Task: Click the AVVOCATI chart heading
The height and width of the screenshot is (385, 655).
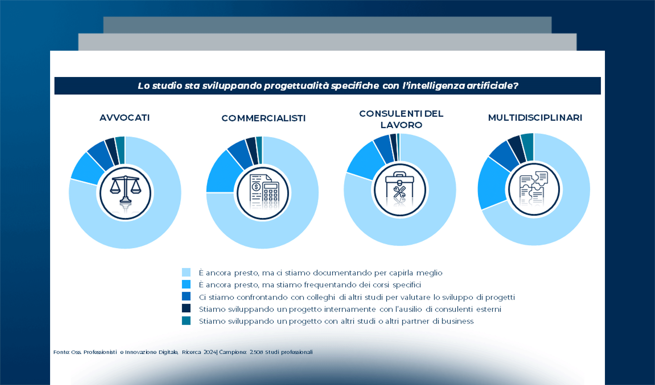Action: tap(125, 118)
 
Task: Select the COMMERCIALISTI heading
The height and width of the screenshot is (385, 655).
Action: tap(263, 118)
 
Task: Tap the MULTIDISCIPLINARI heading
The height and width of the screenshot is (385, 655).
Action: tap(535, 118)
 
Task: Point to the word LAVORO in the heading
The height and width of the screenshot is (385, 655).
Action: tap(401, 125)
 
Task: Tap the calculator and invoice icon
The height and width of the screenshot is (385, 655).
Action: tap(264, 193)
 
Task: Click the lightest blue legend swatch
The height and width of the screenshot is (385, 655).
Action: tap(186, 272)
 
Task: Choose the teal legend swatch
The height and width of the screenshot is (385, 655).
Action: tap(186, 321)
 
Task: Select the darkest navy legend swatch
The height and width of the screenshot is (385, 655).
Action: tap(186, 308)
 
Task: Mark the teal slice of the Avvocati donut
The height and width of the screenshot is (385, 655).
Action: tap(120, 150)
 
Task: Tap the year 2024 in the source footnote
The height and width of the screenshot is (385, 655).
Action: tap(210, 352)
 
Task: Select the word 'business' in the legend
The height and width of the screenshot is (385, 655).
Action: tap(458, 321)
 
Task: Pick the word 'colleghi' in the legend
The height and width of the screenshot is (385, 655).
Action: tap(321, 297)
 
